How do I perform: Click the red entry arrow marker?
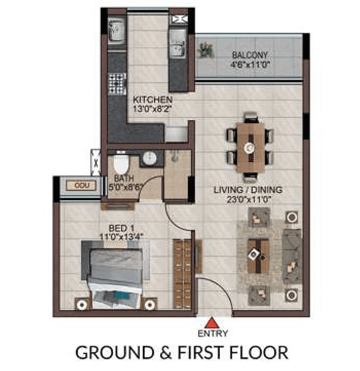pyautogui.click(x=211, y=323)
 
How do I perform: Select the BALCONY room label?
pyautogui.click(x=250, y=55)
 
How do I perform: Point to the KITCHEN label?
pyautogui.click(x=153, y=99)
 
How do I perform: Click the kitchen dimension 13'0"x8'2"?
pyautogui.click(x=153, y=108)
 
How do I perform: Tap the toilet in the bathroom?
pyautogui.click(x=121, y=164)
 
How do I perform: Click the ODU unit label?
pyautogui.click(x=79, y=185)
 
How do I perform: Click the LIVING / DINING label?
pyautogui.click(x=248, y=190)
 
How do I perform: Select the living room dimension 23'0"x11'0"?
pyautogui.click(x=248, y=200)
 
